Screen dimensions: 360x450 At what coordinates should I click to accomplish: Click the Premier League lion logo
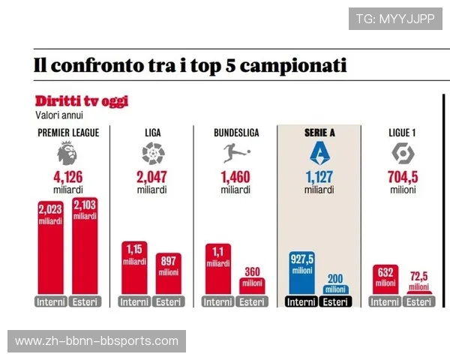pyautogui.click(x=67, y=154)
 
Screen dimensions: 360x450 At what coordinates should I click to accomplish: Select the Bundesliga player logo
pyautogui.click(x=235, y=154)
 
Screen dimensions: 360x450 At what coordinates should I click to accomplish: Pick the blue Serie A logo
pyautogui.click(x=319, y=154)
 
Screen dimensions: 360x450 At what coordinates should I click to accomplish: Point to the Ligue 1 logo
pyautogui.click(x=403, y=154)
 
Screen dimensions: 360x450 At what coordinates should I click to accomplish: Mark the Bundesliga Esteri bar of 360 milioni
pyautogui.click(x=252, y=286)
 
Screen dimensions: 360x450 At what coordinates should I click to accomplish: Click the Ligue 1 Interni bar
pyautogui.click(x=385, y=279)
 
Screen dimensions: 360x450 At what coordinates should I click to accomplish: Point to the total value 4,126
pyautogui.click(x=67, y=178)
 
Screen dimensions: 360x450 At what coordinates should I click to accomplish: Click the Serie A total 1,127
pyautogui.click(x=319, y=178)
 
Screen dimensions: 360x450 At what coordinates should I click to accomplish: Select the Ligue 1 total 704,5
pyautogui.click(x=403, y=178)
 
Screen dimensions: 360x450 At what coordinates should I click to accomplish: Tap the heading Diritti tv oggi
pyautogui.click(x=82, y=100)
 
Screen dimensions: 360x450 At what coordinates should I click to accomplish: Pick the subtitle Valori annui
pyautogui.click(x=59, y=115)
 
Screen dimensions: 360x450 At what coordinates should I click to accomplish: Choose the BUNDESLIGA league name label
pyautogui.click(x=236, y=133)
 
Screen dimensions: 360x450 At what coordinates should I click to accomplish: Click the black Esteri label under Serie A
pyautogui.click(x=335, y=302)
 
